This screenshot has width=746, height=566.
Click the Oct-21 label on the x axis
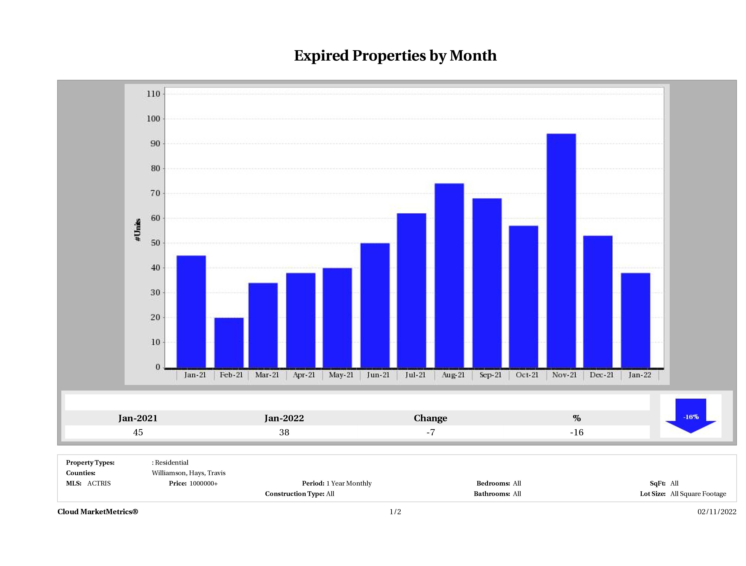tap(527, 375)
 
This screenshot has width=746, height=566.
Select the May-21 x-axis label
tap(341, 375)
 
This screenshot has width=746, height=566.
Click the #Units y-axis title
tap(138, 229)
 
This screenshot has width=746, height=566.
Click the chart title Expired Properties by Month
tap(395, 56)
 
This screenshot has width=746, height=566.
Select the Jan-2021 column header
tap(138, 418)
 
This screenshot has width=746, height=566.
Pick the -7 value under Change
tap(430, 432)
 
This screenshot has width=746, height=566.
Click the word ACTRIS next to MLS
tap(99, 483)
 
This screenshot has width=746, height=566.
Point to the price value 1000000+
tap(203, 483)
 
